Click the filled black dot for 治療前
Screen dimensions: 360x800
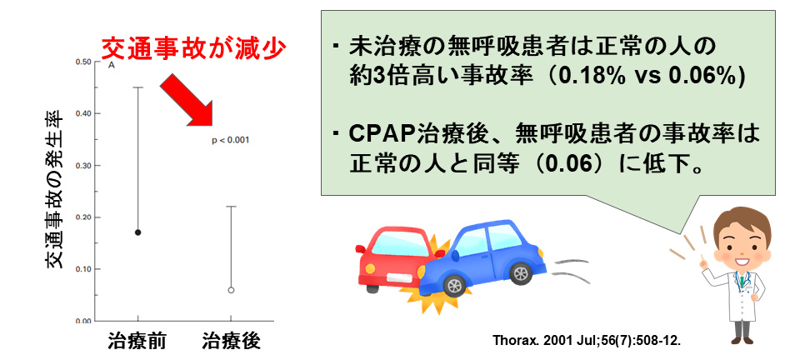pos(137,232)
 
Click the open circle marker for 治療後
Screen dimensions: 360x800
pos(231,290)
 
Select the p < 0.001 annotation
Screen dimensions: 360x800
pos(231,139)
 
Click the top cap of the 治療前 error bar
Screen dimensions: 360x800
pos(137,87)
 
